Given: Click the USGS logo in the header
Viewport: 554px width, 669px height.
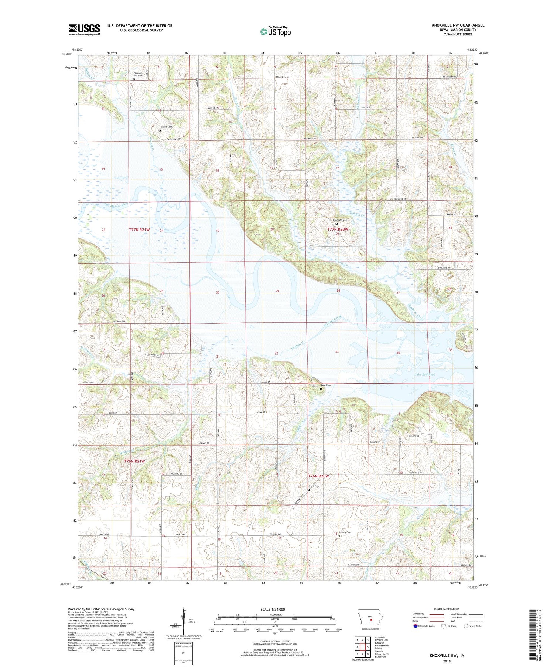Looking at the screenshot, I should pos(84,30).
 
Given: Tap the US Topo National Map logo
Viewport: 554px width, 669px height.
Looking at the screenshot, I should pos(275,31).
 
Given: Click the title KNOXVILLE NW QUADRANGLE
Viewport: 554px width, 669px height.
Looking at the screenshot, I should pos(458,25).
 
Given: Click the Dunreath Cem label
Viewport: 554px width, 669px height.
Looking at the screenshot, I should pos(340,220).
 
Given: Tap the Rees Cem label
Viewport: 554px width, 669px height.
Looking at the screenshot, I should pos(325,385).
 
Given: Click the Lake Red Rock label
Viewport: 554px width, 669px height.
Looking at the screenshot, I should pos(425,375).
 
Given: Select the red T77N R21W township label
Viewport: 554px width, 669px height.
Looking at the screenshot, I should pos(139,230).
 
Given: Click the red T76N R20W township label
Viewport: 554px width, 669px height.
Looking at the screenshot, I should pos(318,476).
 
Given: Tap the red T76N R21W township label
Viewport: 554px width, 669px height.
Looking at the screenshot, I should pos(134,461).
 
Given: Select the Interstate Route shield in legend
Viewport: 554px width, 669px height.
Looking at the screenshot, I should pos(415,626).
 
